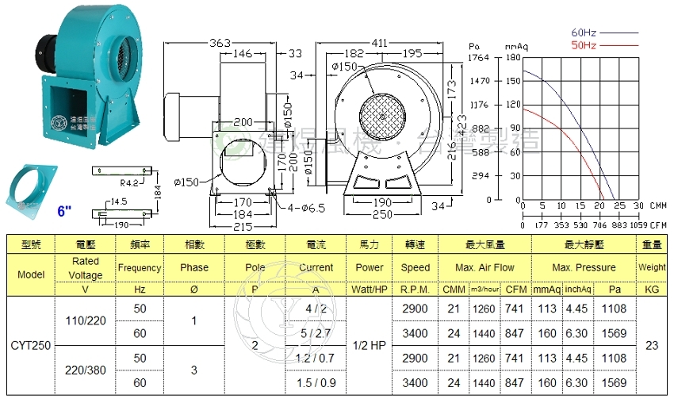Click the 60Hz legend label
(x=583, y=33)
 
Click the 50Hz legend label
(x=583, y=45)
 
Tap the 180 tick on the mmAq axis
(x=512, y=58)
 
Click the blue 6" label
(x=64, y=212)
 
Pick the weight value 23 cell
(x=652, y=346)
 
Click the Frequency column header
(x=140, y=268)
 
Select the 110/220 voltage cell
(x=86, y=320)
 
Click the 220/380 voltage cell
(x=86, y=370)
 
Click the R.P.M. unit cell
(x=416, y=290)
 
